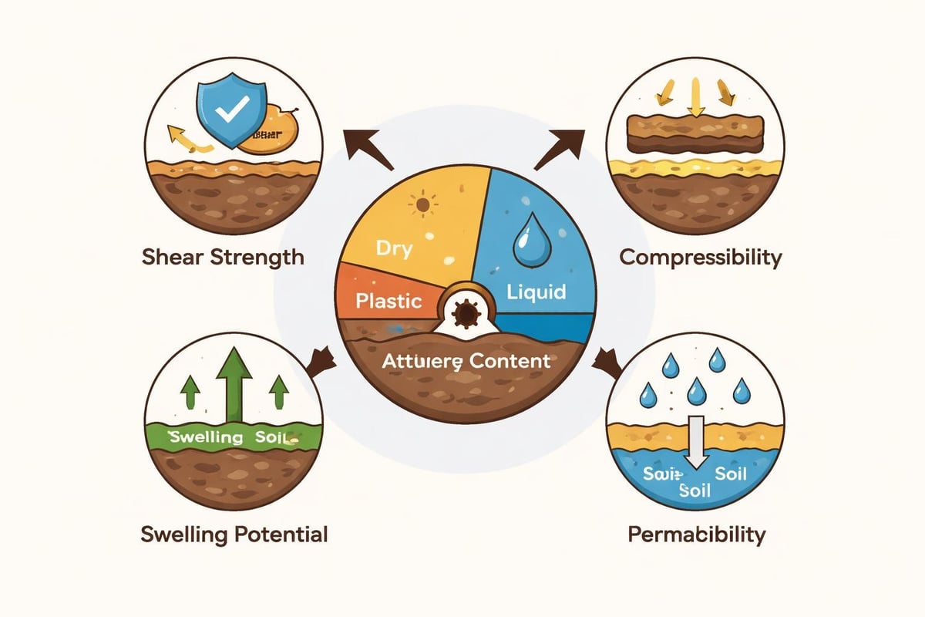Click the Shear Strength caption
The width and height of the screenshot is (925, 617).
coord(223,257)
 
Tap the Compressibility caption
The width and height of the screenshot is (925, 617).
coord(701,257)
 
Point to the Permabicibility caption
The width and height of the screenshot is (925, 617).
coord(697,534)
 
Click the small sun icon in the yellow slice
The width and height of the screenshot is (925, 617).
coord(422,206)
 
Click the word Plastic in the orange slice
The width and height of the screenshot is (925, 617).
coord(389,299)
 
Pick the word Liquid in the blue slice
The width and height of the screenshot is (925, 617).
coord(537,292)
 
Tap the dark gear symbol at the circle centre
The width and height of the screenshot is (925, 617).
coord(466,315)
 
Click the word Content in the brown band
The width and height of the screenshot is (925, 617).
coord(513,360)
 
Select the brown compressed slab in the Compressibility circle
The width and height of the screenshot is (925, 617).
coord(695,136)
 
